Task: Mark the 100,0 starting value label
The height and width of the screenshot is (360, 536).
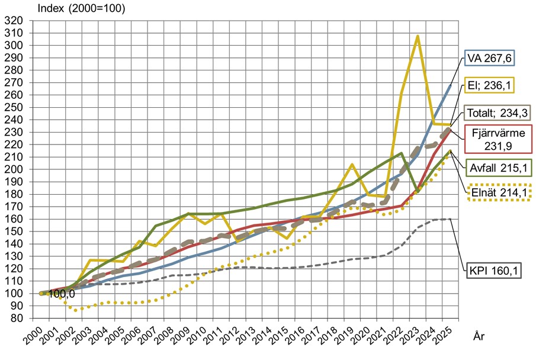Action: [62, 294]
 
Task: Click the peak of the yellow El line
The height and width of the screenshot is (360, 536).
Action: [418, 36]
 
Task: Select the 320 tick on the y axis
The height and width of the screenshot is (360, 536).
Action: [13, 21]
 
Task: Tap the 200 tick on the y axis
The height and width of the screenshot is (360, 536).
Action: [13, 169]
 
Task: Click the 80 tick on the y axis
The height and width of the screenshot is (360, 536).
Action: [15, 318]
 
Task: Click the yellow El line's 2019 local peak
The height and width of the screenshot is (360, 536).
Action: [352, 165]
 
